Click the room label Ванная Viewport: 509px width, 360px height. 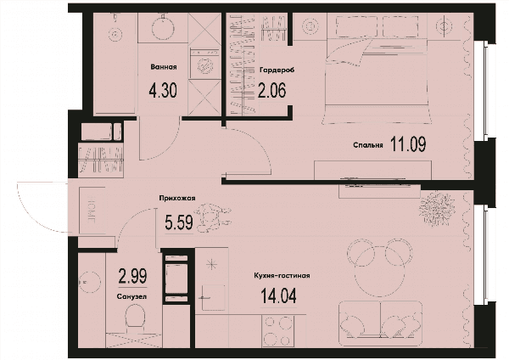pos(164,67)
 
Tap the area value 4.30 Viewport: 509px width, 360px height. pos(163,90)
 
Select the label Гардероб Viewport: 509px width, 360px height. pos(277,70)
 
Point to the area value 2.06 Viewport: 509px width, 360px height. pos(272,90)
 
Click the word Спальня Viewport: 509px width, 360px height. pos(368,145)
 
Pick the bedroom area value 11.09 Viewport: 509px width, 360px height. pos(408,144)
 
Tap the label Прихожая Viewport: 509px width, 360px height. pos(177,198)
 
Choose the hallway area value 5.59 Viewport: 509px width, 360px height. pos(179,222)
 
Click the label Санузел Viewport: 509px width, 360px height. pos(131,296)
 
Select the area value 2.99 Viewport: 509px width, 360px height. pos(133,276)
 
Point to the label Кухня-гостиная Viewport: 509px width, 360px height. pos(282,276)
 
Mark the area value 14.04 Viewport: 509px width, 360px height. pos(279,295)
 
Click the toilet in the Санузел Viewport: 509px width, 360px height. pos(135,318)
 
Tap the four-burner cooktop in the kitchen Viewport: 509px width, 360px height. pos(277,331)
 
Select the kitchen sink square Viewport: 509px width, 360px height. pos(213,297)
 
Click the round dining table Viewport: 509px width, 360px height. pos(379,272)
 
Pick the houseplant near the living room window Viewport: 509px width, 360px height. pos(437,209)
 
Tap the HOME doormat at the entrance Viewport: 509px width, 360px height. pos(92,210)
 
